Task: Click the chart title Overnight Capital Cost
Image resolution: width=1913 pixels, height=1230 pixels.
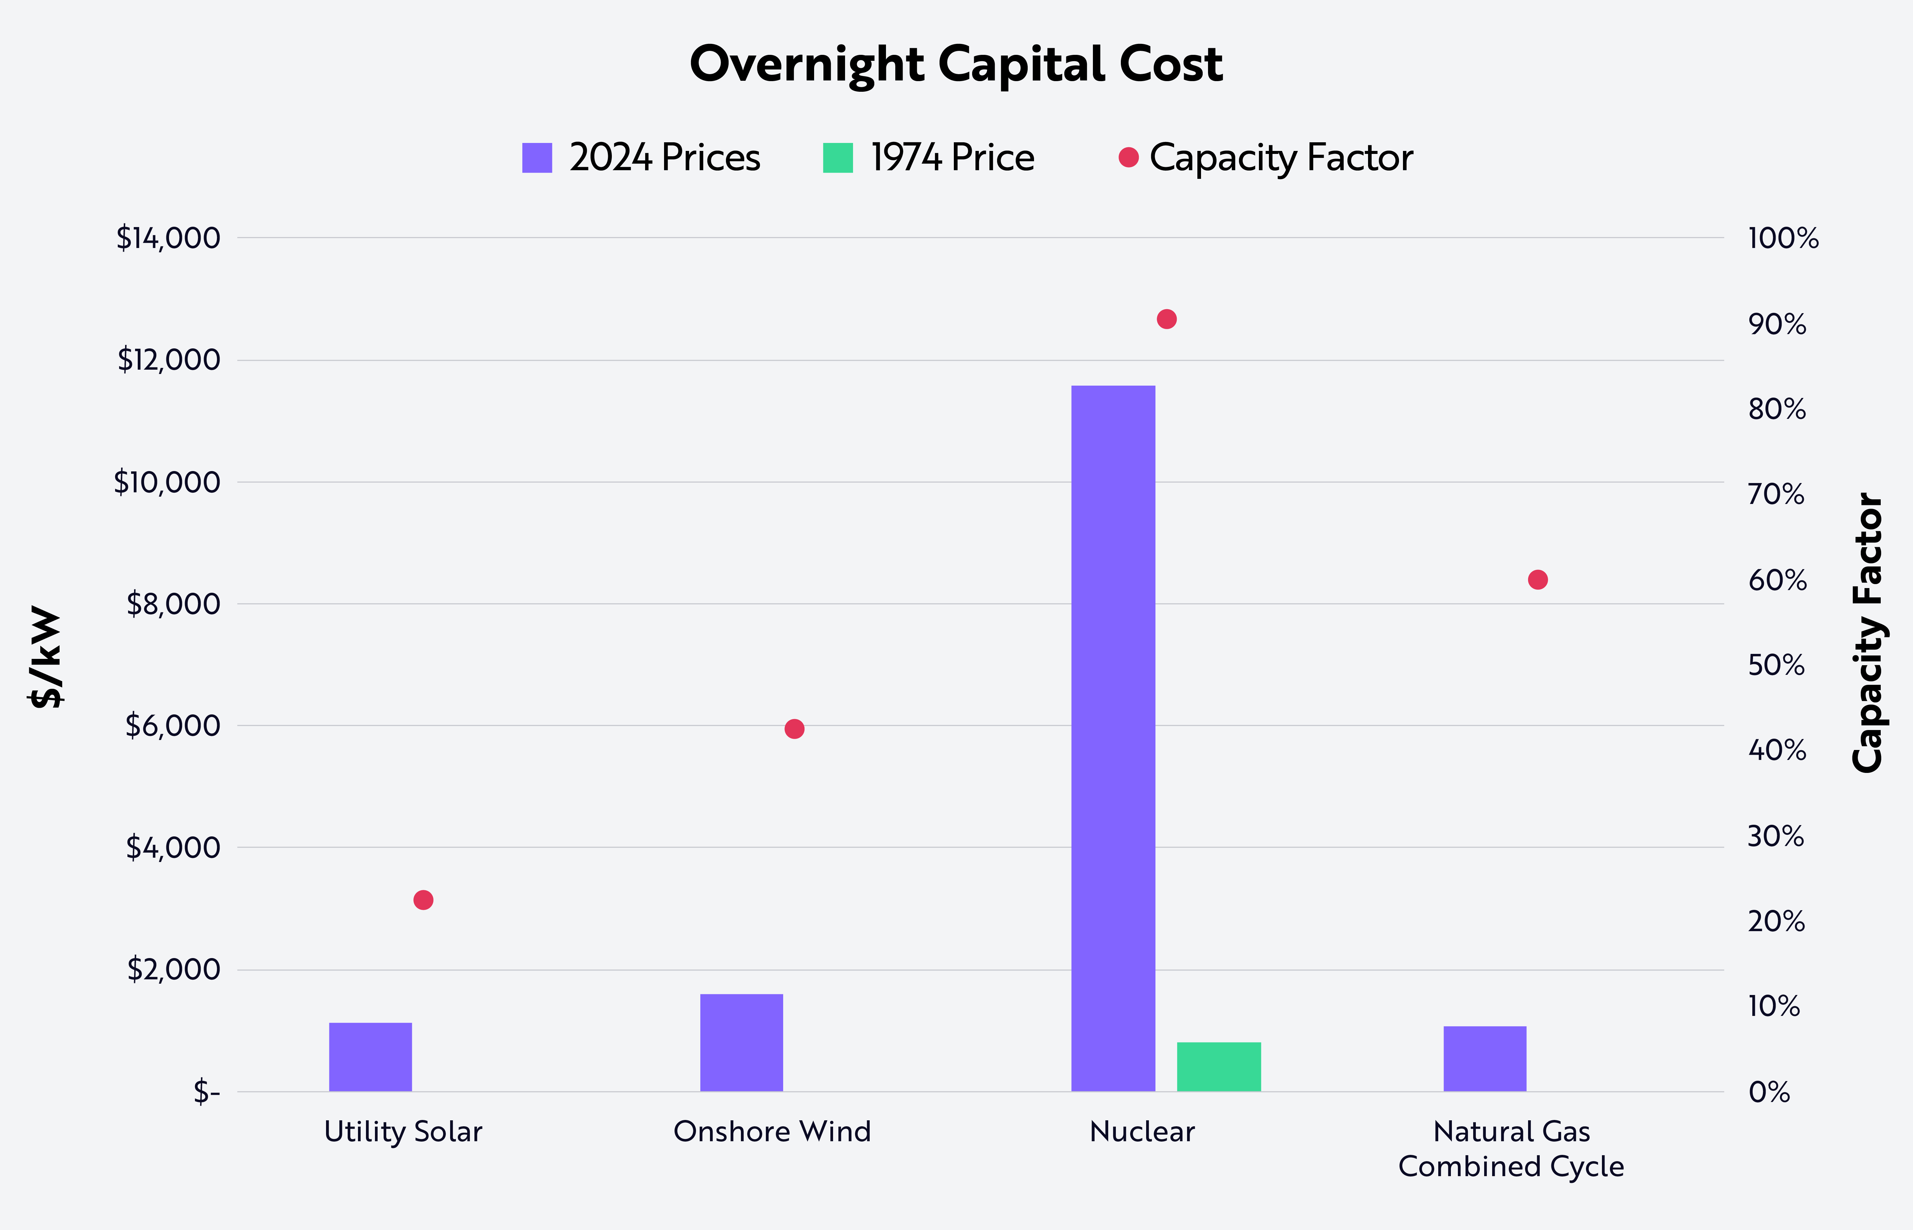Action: pos(956,64)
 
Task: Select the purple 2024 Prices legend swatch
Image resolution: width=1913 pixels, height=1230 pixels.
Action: pos(537,158)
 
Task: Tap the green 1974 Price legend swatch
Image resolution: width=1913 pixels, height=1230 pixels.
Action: pos(837,158)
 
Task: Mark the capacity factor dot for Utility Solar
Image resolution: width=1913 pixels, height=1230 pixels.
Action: pos(424,900)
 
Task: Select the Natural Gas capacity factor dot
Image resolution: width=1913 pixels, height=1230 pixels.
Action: pos(1537,580)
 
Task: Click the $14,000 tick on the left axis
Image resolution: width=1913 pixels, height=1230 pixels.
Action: pos(168,238)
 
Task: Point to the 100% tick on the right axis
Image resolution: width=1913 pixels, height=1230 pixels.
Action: pos(1783,238)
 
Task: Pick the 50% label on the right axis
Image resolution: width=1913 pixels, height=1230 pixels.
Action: pos(1776,665)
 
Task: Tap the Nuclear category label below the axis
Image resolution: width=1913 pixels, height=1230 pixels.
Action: pos(1142,1132)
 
